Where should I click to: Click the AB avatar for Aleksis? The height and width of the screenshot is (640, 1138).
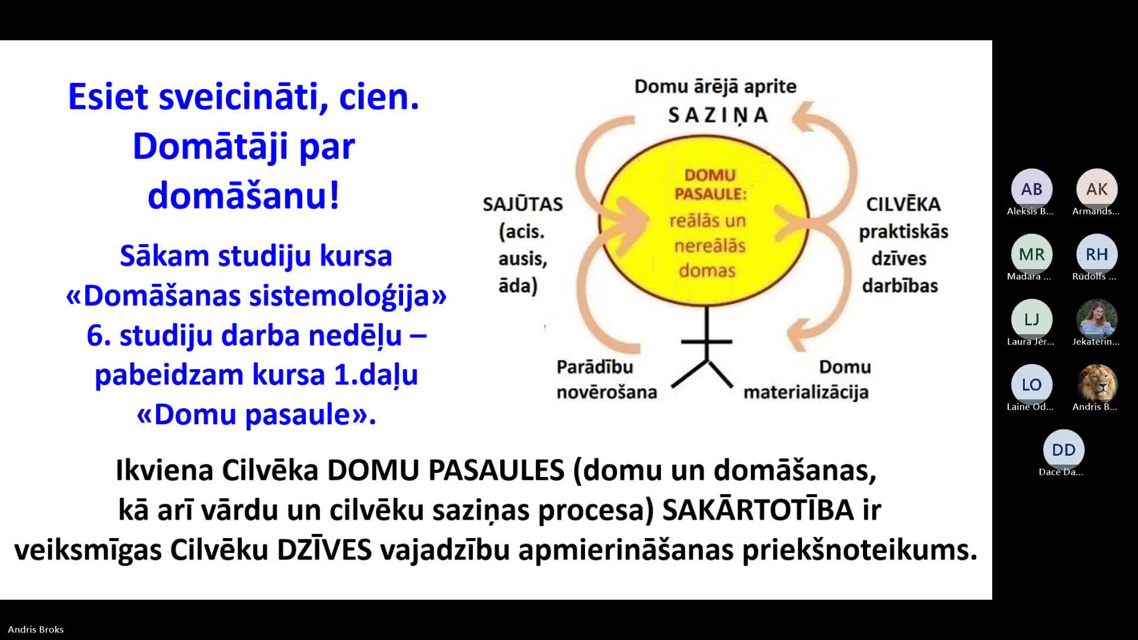coord(1031,189)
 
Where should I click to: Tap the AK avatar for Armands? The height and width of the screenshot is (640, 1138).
coord(1097,189)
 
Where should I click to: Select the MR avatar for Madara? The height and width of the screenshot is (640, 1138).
coord(1031,254)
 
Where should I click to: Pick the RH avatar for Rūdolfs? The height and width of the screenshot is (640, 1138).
coord(1097,254)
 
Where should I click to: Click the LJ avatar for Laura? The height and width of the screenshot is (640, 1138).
coord(1031,319)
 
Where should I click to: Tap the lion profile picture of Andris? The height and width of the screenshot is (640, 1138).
coord(1097,385)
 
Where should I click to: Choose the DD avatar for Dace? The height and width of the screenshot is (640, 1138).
coord(1063,450)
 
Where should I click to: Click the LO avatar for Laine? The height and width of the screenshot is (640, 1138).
coord(1031,385)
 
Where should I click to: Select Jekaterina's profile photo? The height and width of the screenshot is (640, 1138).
coord(1097,319)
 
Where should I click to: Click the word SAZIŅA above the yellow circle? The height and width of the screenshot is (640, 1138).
coord(718,116)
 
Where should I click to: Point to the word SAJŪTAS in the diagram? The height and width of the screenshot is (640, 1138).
coord(522,204)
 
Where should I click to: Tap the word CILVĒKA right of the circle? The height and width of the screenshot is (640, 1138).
coord(903,204)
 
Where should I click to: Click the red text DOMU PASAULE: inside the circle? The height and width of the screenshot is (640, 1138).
coord(710,184)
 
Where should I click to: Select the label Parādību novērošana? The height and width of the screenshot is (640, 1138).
coord(606,379)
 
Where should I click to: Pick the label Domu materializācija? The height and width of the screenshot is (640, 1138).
coord(807,379)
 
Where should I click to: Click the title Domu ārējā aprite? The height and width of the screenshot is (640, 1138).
coord(715,87)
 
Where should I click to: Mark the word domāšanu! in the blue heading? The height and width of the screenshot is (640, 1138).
coord(244,196)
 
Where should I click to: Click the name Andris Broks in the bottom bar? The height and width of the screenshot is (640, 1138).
coord(36,629)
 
